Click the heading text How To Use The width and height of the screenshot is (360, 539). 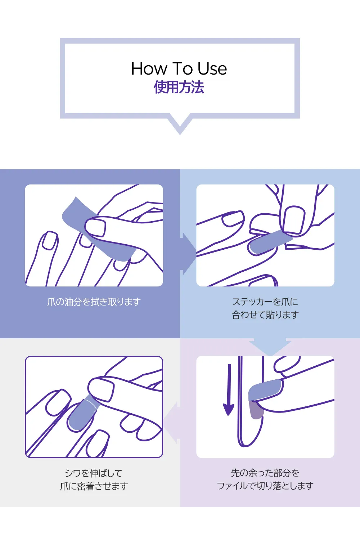pyautogui.click(x=179, y=68)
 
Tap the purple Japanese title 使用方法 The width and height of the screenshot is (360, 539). pyautogui.click(x=179, y=87)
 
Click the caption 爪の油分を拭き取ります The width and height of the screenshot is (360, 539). pyautogui.click(x=94, y=302)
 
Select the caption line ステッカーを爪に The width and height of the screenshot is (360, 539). pyautogui.click(x=265, y=302)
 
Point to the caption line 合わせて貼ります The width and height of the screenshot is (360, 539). pyautogui.click(x=265, y=315)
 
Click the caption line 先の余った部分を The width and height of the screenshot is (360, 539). pyautogui.click(x=265, y=473)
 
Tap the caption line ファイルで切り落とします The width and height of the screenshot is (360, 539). pyautogui.click(x=265, y=486)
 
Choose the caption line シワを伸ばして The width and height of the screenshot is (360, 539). pyautogui.click(x=94, y=473)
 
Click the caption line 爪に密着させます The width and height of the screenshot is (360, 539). pyautogui.click(x=94, y=486)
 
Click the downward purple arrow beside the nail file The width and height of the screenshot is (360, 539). pyautogui.click(x=229, y=390)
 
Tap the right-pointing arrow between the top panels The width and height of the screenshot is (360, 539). pyautogui.click(x=189, y=254)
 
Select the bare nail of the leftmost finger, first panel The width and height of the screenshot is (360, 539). pyautogui.click(x=50, y=240)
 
